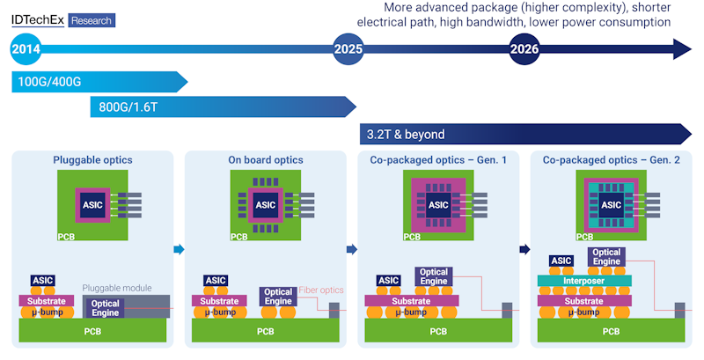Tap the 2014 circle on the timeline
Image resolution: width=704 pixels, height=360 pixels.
click(27, 50)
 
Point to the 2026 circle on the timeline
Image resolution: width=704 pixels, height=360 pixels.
click(525, 50)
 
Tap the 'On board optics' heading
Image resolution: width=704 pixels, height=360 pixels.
click(265, 160)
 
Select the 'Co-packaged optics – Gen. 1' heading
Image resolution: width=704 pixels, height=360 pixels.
click(437, 160)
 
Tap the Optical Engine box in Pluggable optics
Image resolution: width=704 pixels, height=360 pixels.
click(106, 308)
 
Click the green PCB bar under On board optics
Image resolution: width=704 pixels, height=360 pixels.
click(265, 332)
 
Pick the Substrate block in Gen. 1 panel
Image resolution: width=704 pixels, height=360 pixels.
click(412, 301)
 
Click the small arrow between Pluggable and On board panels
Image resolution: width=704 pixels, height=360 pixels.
click(179, 249)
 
